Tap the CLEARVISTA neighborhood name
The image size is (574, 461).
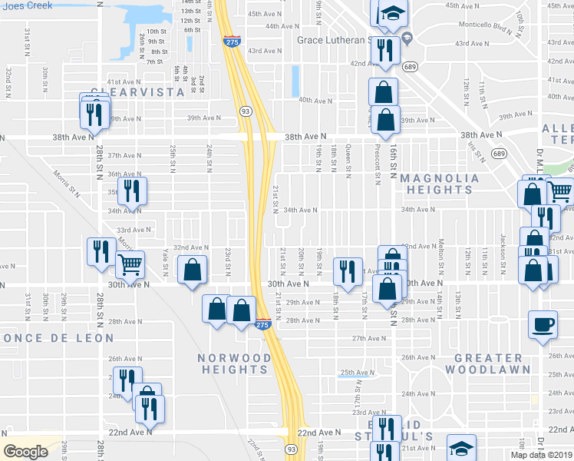coord(138,92)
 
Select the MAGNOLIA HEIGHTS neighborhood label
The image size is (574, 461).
coord(440,184)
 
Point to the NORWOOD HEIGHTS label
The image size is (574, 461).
coord(234,363)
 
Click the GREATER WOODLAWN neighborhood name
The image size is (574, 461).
coord(488,363)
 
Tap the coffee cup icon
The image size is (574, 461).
coord(543,324)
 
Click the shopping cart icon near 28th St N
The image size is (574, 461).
coord(130,265)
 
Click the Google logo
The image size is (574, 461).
coord(26,452)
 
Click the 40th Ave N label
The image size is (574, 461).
coord(315,100)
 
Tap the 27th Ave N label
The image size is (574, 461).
coord(368,338)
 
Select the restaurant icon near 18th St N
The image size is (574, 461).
coord(347,270)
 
